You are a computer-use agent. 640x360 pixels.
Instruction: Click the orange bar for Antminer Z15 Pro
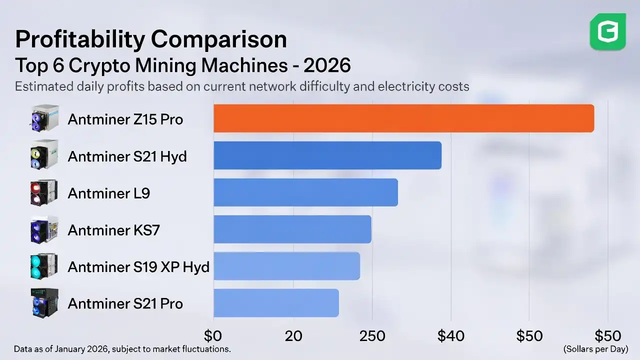click(403, 118)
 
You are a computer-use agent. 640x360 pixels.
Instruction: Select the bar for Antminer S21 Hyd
click(327, 155)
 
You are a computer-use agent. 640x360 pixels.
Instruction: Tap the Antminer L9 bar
click(305, 192)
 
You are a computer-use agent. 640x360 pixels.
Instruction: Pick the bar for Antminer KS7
click(292, 229)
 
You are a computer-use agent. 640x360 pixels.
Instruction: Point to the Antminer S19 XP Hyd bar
click(286, 266)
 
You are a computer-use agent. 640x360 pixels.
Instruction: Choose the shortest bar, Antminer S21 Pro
click(276, 303)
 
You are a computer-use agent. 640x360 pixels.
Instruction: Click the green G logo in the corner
click(607, 32)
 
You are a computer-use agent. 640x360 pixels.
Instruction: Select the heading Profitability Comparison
click(151, 39)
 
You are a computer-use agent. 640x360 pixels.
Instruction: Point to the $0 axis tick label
click(213, 335)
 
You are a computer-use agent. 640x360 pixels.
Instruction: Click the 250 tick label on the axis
click(372, 335)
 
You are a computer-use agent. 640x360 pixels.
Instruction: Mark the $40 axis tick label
click(451, 335)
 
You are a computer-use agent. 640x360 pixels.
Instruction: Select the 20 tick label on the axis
click(293, 335)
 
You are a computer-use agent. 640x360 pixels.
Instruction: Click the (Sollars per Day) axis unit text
click(595, 348)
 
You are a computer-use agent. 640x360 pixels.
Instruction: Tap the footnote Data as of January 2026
click(122, 348)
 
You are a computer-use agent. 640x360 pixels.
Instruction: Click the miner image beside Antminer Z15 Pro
click(44, 119)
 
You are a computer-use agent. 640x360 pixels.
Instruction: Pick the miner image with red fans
click(44, 193)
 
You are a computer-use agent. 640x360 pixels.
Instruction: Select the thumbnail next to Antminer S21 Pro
click(44, 303)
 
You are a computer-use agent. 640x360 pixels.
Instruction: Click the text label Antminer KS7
click(114, 230)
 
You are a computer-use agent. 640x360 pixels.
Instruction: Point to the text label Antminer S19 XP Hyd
click(138, 267)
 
